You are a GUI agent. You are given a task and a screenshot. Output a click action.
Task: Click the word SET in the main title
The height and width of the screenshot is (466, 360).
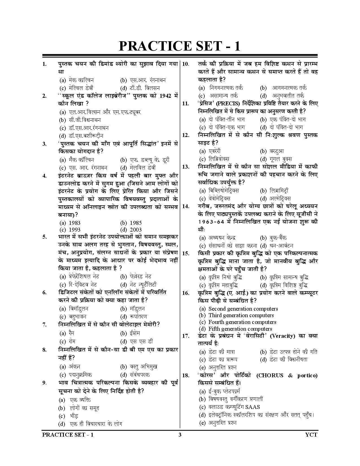tap(201, 46)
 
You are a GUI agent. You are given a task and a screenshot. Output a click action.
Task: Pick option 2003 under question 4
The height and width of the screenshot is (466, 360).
tap(136, 230)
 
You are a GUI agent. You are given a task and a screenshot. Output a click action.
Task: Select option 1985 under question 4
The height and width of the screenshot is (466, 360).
tap(136, 223)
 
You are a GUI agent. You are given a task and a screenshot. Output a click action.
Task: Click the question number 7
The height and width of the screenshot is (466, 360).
tap(45, 325)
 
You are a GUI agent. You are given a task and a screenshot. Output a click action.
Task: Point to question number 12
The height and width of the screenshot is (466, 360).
tap(186, 135)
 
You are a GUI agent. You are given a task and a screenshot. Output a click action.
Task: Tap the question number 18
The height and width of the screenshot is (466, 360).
tap(186, 376)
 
